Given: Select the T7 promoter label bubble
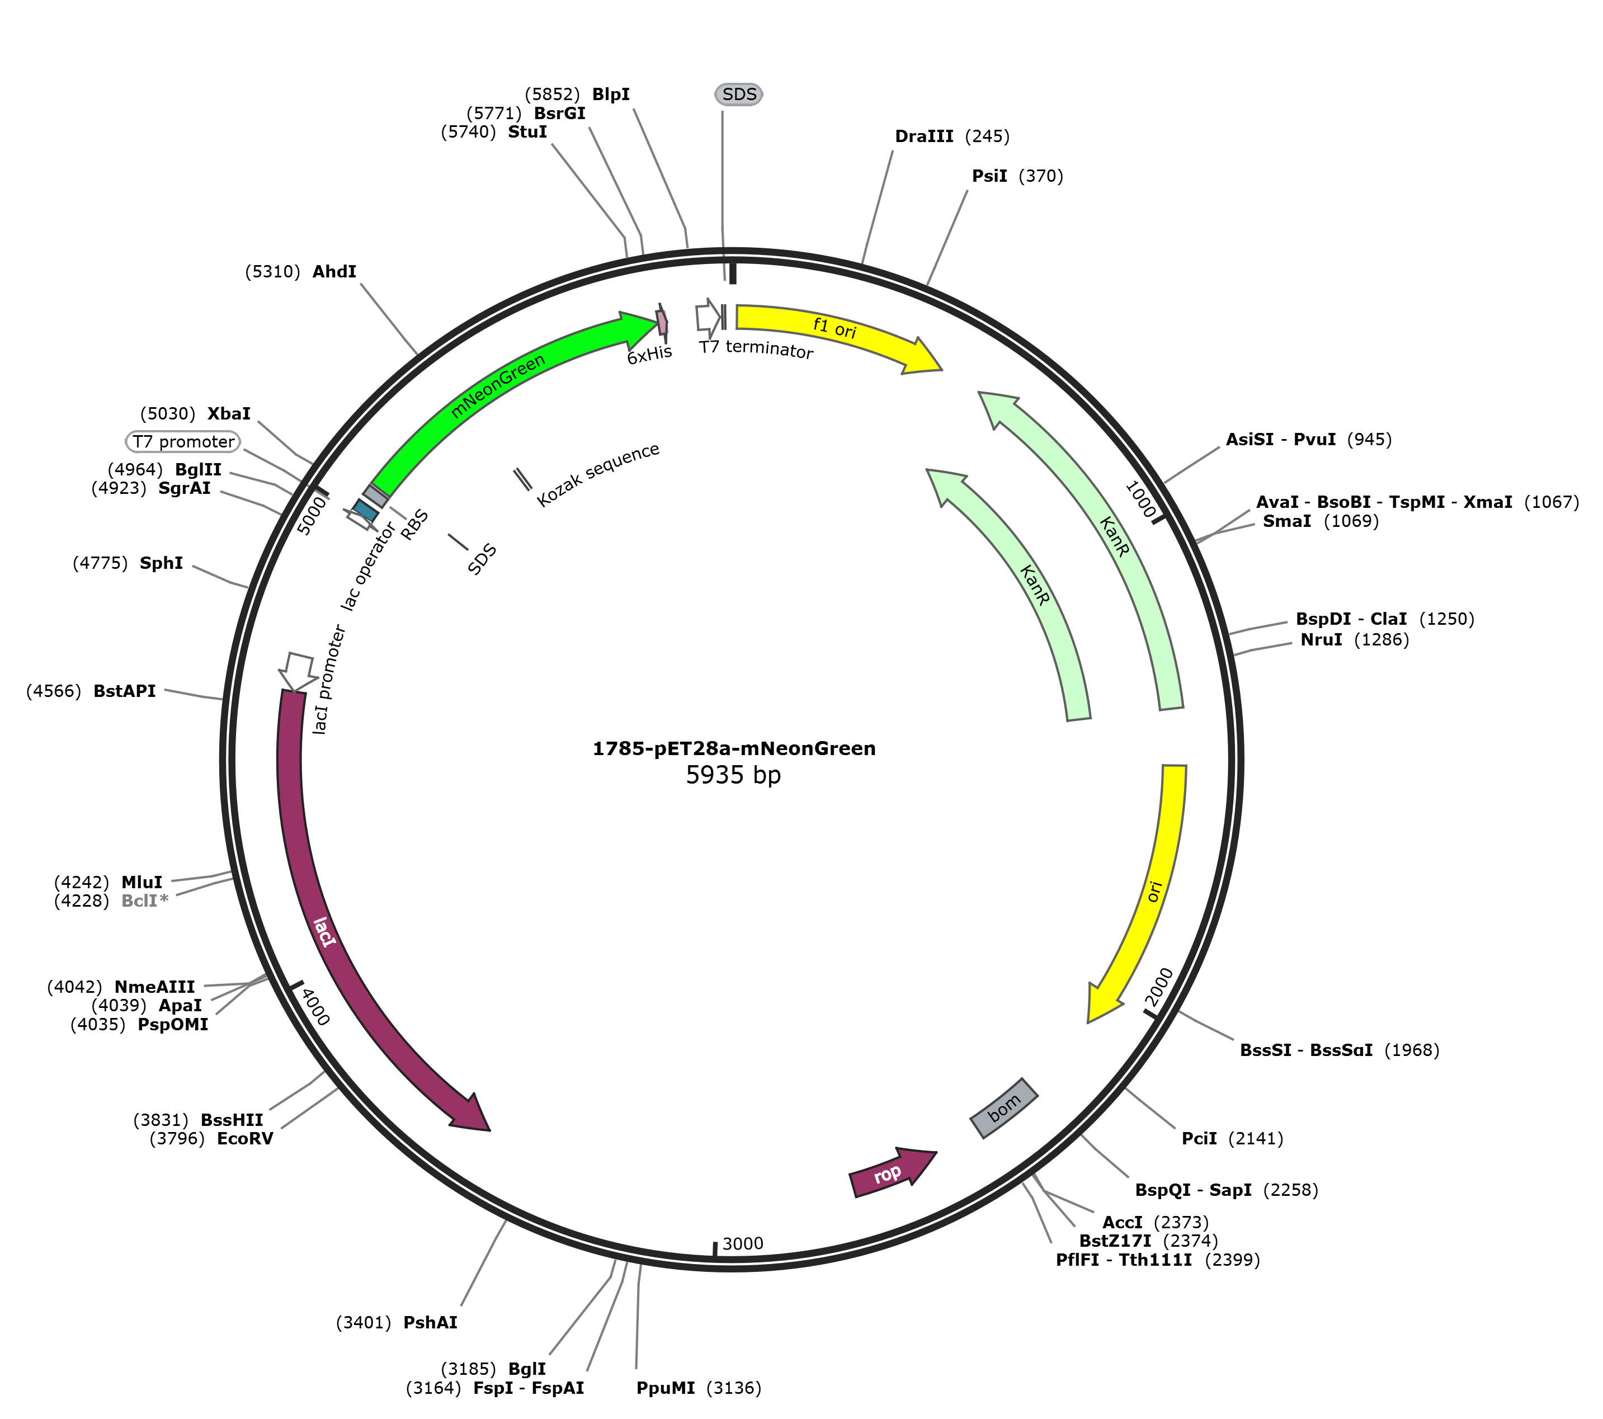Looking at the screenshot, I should [x=183, y=442].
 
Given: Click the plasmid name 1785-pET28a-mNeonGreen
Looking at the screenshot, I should [x=733, y=748].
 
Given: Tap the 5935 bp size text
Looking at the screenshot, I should [x=733, y=776].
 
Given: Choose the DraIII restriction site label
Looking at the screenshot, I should [x=924, y=136].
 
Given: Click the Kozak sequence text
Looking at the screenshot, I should [x=598, y=474].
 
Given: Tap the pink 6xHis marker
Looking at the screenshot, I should [x=662, y=322].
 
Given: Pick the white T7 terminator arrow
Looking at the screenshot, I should [x=708, y=318].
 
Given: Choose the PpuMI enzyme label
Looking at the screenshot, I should [x=665, y=1388].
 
